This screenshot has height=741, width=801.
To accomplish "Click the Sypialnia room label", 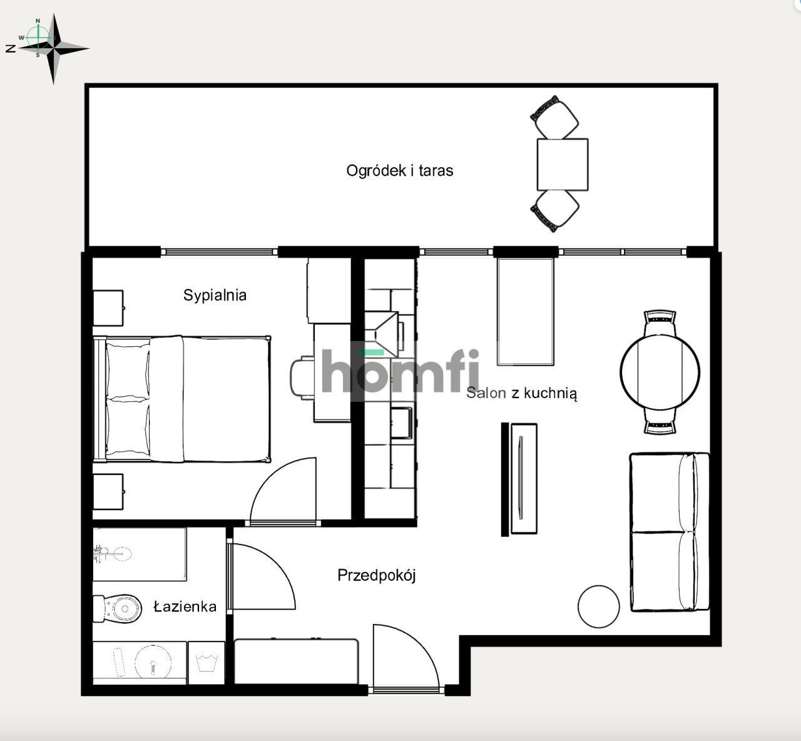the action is pos(215,295).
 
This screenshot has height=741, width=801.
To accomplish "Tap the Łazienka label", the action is pos(185,606).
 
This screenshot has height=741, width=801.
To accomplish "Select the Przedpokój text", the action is pos(376,575).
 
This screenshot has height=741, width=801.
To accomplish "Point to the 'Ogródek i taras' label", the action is pos(399,171).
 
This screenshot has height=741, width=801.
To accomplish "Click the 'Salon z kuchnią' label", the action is pos(521,393).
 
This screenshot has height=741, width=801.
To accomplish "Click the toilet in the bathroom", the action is pos(118,609).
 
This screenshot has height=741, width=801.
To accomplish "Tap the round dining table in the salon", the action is pos(660,372).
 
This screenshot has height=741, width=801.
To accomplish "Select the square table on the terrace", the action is pos(562,165).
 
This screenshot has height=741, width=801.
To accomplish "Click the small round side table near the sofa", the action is pos(598,606).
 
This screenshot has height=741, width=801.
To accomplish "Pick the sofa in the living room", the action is pos(670,532).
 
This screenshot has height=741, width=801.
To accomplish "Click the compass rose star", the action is pos(54,48).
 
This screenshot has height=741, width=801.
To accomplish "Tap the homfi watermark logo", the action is pos(400,371).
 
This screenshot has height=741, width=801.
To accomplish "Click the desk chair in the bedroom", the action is pos(302,378).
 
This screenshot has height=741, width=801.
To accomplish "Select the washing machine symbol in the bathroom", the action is pos(207,663).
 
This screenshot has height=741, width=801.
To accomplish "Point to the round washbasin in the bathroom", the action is pos(153,662).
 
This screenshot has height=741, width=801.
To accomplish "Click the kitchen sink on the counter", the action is pos(401,422).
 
